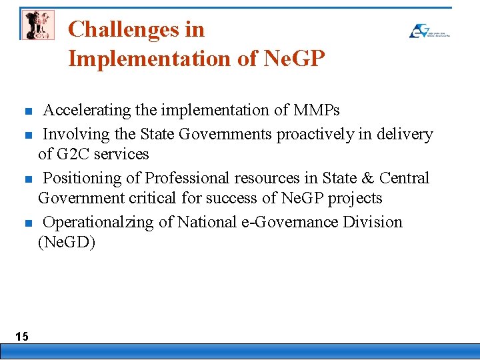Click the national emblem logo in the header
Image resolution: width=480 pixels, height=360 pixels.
tap(37, 25)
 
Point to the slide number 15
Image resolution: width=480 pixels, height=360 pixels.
tap(22, 336)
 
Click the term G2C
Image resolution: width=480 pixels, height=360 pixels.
tap(73, 154)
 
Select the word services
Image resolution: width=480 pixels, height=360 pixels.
tap(121, 154)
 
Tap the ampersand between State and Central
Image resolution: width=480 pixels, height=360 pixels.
tap(367, 178)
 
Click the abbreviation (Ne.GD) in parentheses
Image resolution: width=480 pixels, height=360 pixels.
tap(67, 242)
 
